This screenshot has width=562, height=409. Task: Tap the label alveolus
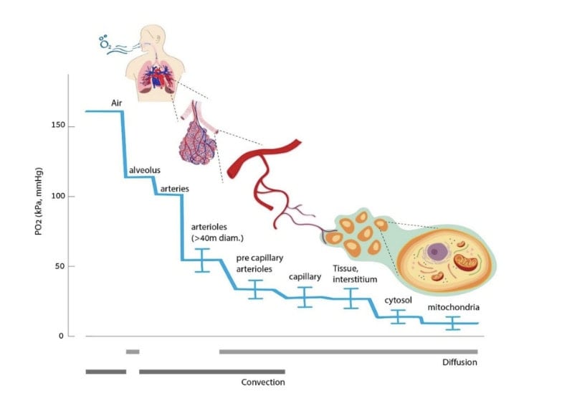[x=144, y=170]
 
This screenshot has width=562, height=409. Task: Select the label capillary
[x=304, y=276]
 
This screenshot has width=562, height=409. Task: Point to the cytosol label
[x=398, y=300]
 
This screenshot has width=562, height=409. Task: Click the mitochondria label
[x=453, y=308]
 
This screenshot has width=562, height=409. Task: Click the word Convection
[x=263, y=382]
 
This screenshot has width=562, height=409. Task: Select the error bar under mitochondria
[x=452, y=323]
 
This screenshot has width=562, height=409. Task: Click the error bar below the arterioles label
[x=203, y=260]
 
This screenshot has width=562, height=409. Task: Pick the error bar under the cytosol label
[x=398, y=316]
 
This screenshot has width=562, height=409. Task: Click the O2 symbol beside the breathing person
[x=105, y=42]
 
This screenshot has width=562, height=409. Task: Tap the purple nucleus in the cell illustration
[x=435, y=252]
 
